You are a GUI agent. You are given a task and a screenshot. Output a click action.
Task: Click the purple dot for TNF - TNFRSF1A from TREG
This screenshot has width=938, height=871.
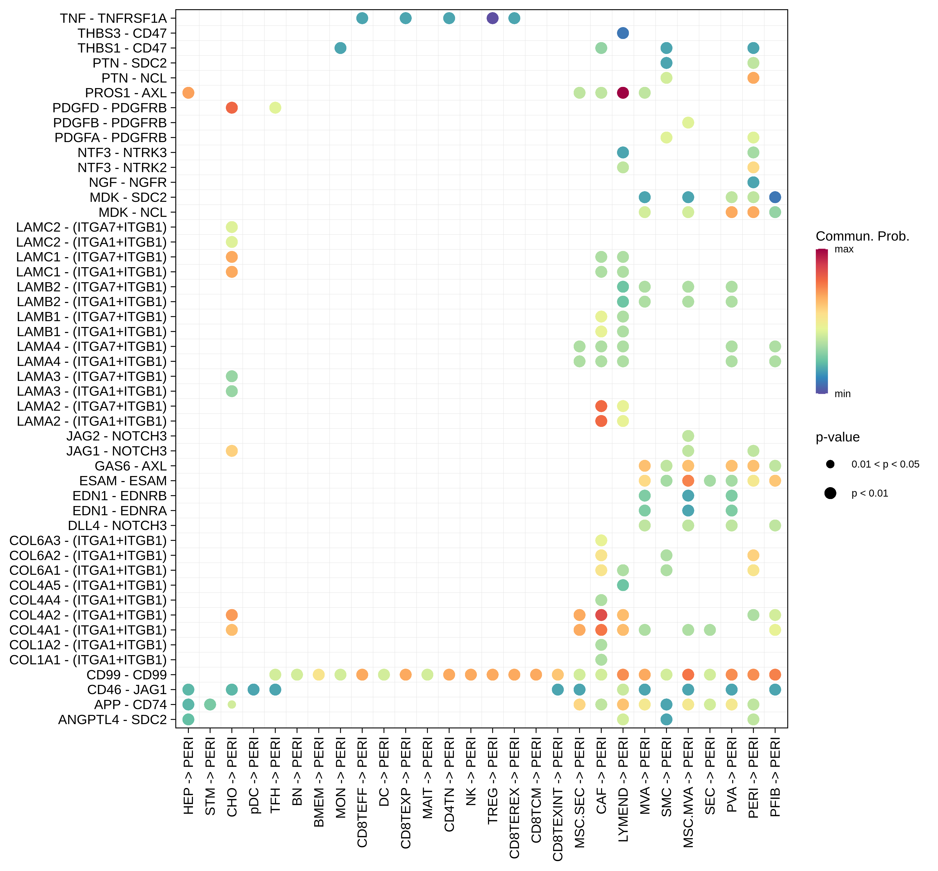click(492, 18)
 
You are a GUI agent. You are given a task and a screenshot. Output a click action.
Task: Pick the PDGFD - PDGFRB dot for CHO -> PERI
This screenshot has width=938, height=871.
click(231, 108)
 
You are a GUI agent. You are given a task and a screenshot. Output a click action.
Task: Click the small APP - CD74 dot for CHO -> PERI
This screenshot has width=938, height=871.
click(231, 705)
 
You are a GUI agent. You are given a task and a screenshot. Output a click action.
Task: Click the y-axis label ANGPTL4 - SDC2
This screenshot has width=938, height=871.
click(112, 720)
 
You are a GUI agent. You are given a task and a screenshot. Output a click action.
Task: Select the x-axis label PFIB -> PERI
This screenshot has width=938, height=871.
click(775, 777)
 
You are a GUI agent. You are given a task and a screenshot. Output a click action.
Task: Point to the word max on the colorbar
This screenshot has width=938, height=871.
click(844, 249)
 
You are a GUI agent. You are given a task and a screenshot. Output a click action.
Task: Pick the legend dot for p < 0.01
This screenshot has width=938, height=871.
click(830, 493)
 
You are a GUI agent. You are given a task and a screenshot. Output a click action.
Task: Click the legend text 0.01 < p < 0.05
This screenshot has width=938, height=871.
click(885, 464)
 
